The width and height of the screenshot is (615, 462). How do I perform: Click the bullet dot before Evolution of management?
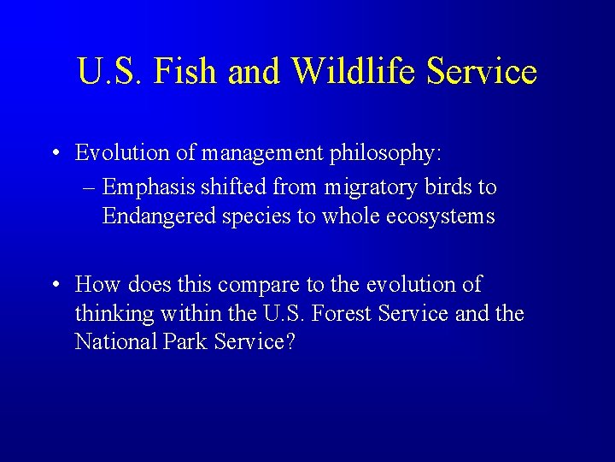tap(55, 154)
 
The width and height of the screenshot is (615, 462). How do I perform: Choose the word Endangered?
tap(159, 216)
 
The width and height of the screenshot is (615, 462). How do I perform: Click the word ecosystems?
tap(440, 216)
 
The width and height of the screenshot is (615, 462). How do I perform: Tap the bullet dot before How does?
tap(55, 285)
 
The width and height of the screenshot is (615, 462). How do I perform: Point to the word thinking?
tap(114, 313)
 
